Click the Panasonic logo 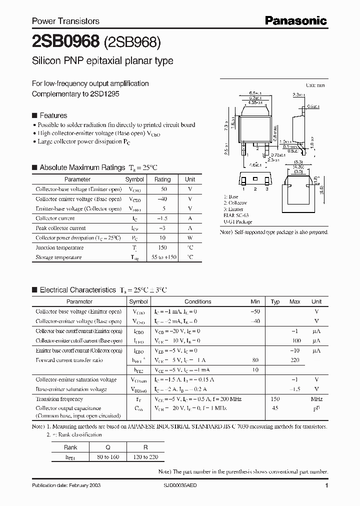[295, 20]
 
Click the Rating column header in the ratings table [162, 179]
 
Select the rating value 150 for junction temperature [162, 247]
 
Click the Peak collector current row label [60, 228]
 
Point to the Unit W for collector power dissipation [190, 238]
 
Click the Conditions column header [198, 301]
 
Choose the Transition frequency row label [59, 399]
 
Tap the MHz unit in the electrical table [316, 399]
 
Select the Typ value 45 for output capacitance [275, 408]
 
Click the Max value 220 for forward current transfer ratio [295, 360]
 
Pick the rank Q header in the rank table [108, 447]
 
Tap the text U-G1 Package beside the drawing [237, 221]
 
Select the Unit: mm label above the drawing [315, 86]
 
